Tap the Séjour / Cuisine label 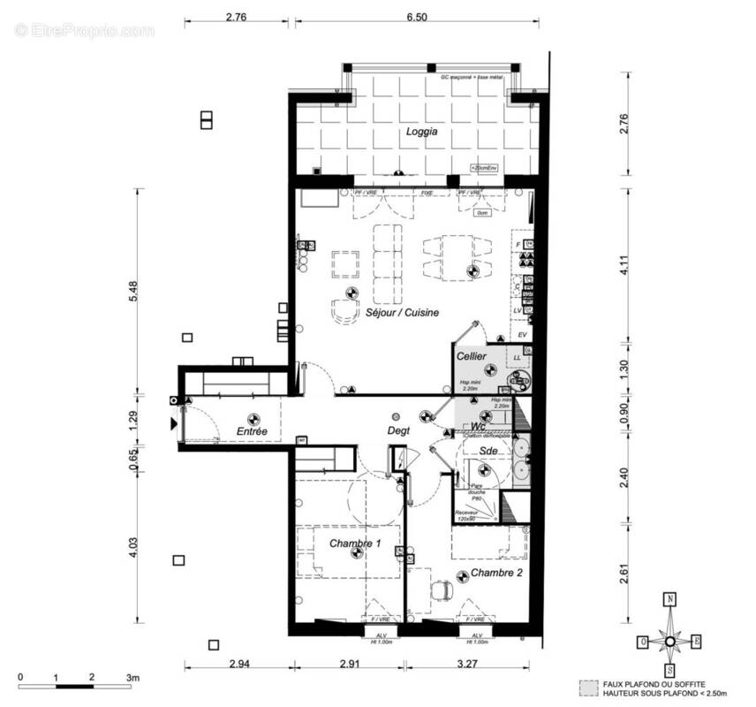tap(403, 312)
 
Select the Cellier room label tap(472, 356)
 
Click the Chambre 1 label tap(355, 544)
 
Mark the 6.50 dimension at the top tap(419, 17)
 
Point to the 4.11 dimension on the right tap(624, 265)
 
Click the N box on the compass tap(670, 598)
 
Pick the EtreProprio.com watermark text tap(84, 31)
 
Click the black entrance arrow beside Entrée tap(173, 423)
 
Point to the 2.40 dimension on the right tap(624, 478)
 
